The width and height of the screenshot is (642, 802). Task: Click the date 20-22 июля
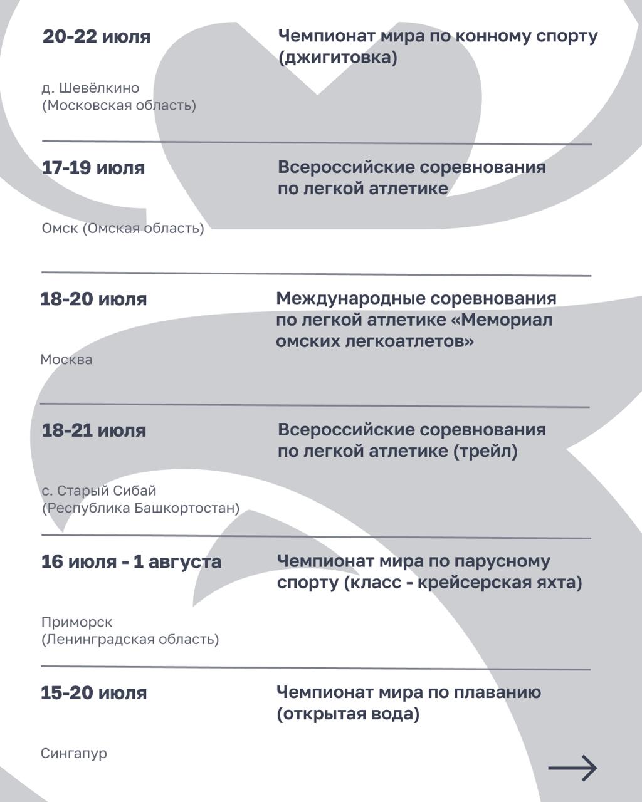click(x=97, y=36)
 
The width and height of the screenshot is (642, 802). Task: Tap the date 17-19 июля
click(x=93, y=168)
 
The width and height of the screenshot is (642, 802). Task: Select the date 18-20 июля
click(x=93, y=299)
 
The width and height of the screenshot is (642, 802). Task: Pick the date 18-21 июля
click(x=93, y=430)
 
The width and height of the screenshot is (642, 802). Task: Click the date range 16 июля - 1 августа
click(x=131, y=561)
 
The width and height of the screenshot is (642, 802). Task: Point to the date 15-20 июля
click(x=93, y=693)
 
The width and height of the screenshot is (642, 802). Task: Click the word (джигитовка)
click(x=338, y=58)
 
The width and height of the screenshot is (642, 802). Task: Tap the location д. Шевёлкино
click(x=91, y=88)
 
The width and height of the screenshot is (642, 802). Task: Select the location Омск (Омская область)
click(x=123, y=228)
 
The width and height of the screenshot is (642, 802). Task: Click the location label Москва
click(x=66, y=360)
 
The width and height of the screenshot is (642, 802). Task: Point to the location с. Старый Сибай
click(x=99, y=491)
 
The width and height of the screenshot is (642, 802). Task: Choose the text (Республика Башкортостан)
click(x=140, y=508)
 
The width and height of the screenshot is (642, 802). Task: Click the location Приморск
click(x=77, y=622)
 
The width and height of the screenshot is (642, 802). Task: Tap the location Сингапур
click(x=74, y=754)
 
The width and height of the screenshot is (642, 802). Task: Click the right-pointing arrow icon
click(x=572, y=768)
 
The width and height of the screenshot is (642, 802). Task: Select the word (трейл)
click(x=486, y=451)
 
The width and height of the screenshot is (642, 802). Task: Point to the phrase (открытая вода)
click(x=348, y=714)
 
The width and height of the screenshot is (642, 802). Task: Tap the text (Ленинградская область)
click(x=130, y=640)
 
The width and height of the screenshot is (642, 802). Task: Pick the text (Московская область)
click(x=119, y=105)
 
